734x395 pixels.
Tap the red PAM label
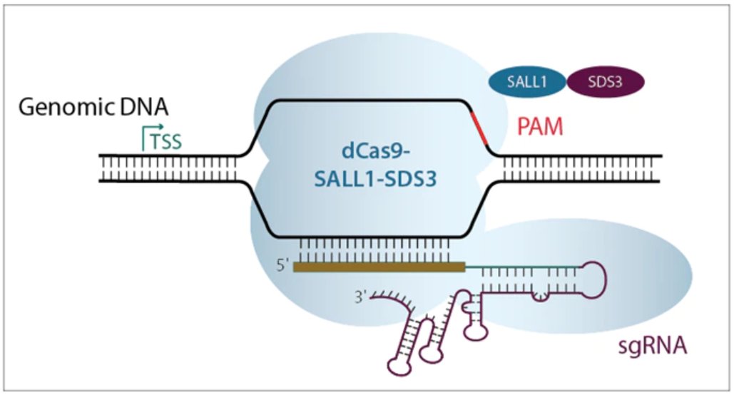(x=540, y=129)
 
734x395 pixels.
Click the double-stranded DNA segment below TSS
(x=168, y=168)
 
